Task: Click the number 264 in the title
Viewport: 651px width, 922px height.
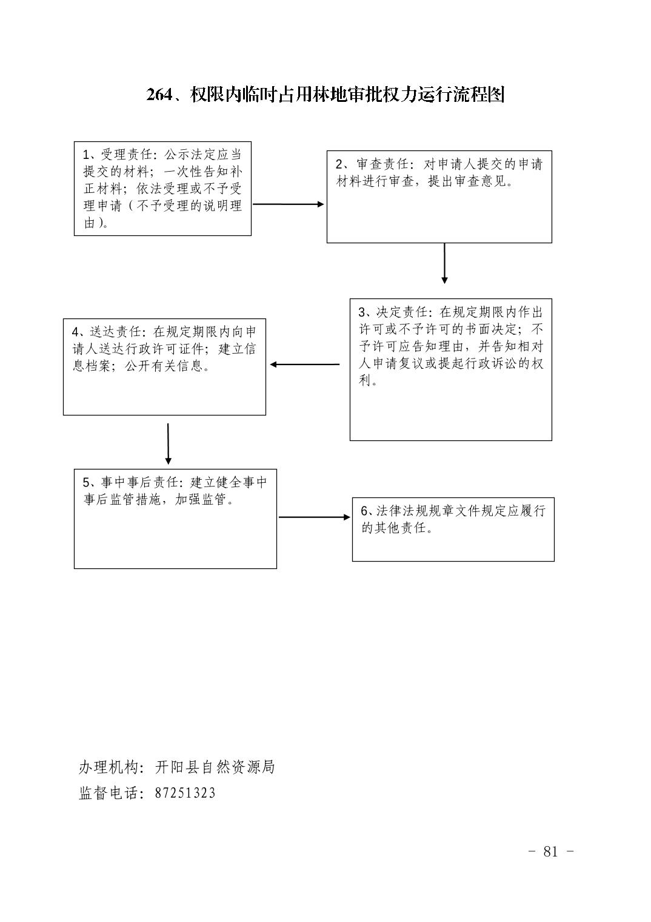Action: pyautogui.click(x=159, y=95)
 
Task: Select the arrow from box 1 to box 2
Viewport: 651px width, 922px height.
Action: pyautogui.click(x=289, y=204)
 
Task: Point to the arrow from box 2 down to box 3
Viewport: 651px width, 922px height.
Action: pyautogui.click(x=444, y=263)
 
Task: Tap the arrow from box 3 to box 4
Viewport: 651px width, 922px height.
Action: pyautogui.click(x=305, y=365)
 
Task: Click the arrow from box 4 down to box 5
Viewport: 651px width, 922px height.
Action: pyautogui.click(x=168, y=444)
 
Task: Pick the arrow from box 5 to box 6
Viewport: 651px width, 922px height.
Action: pyautogui.click(x=315, y=517)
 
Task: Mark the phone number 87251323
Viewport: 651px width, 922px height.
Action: pyautogui.click(x=185, y=793)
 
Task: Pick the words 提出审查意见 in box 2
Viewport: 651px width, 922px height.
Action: pyautogui.click(x=467, y=181)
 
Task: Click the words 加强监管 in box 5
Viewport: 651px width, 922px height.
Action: pyautogui.click(x=201, y=499)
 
